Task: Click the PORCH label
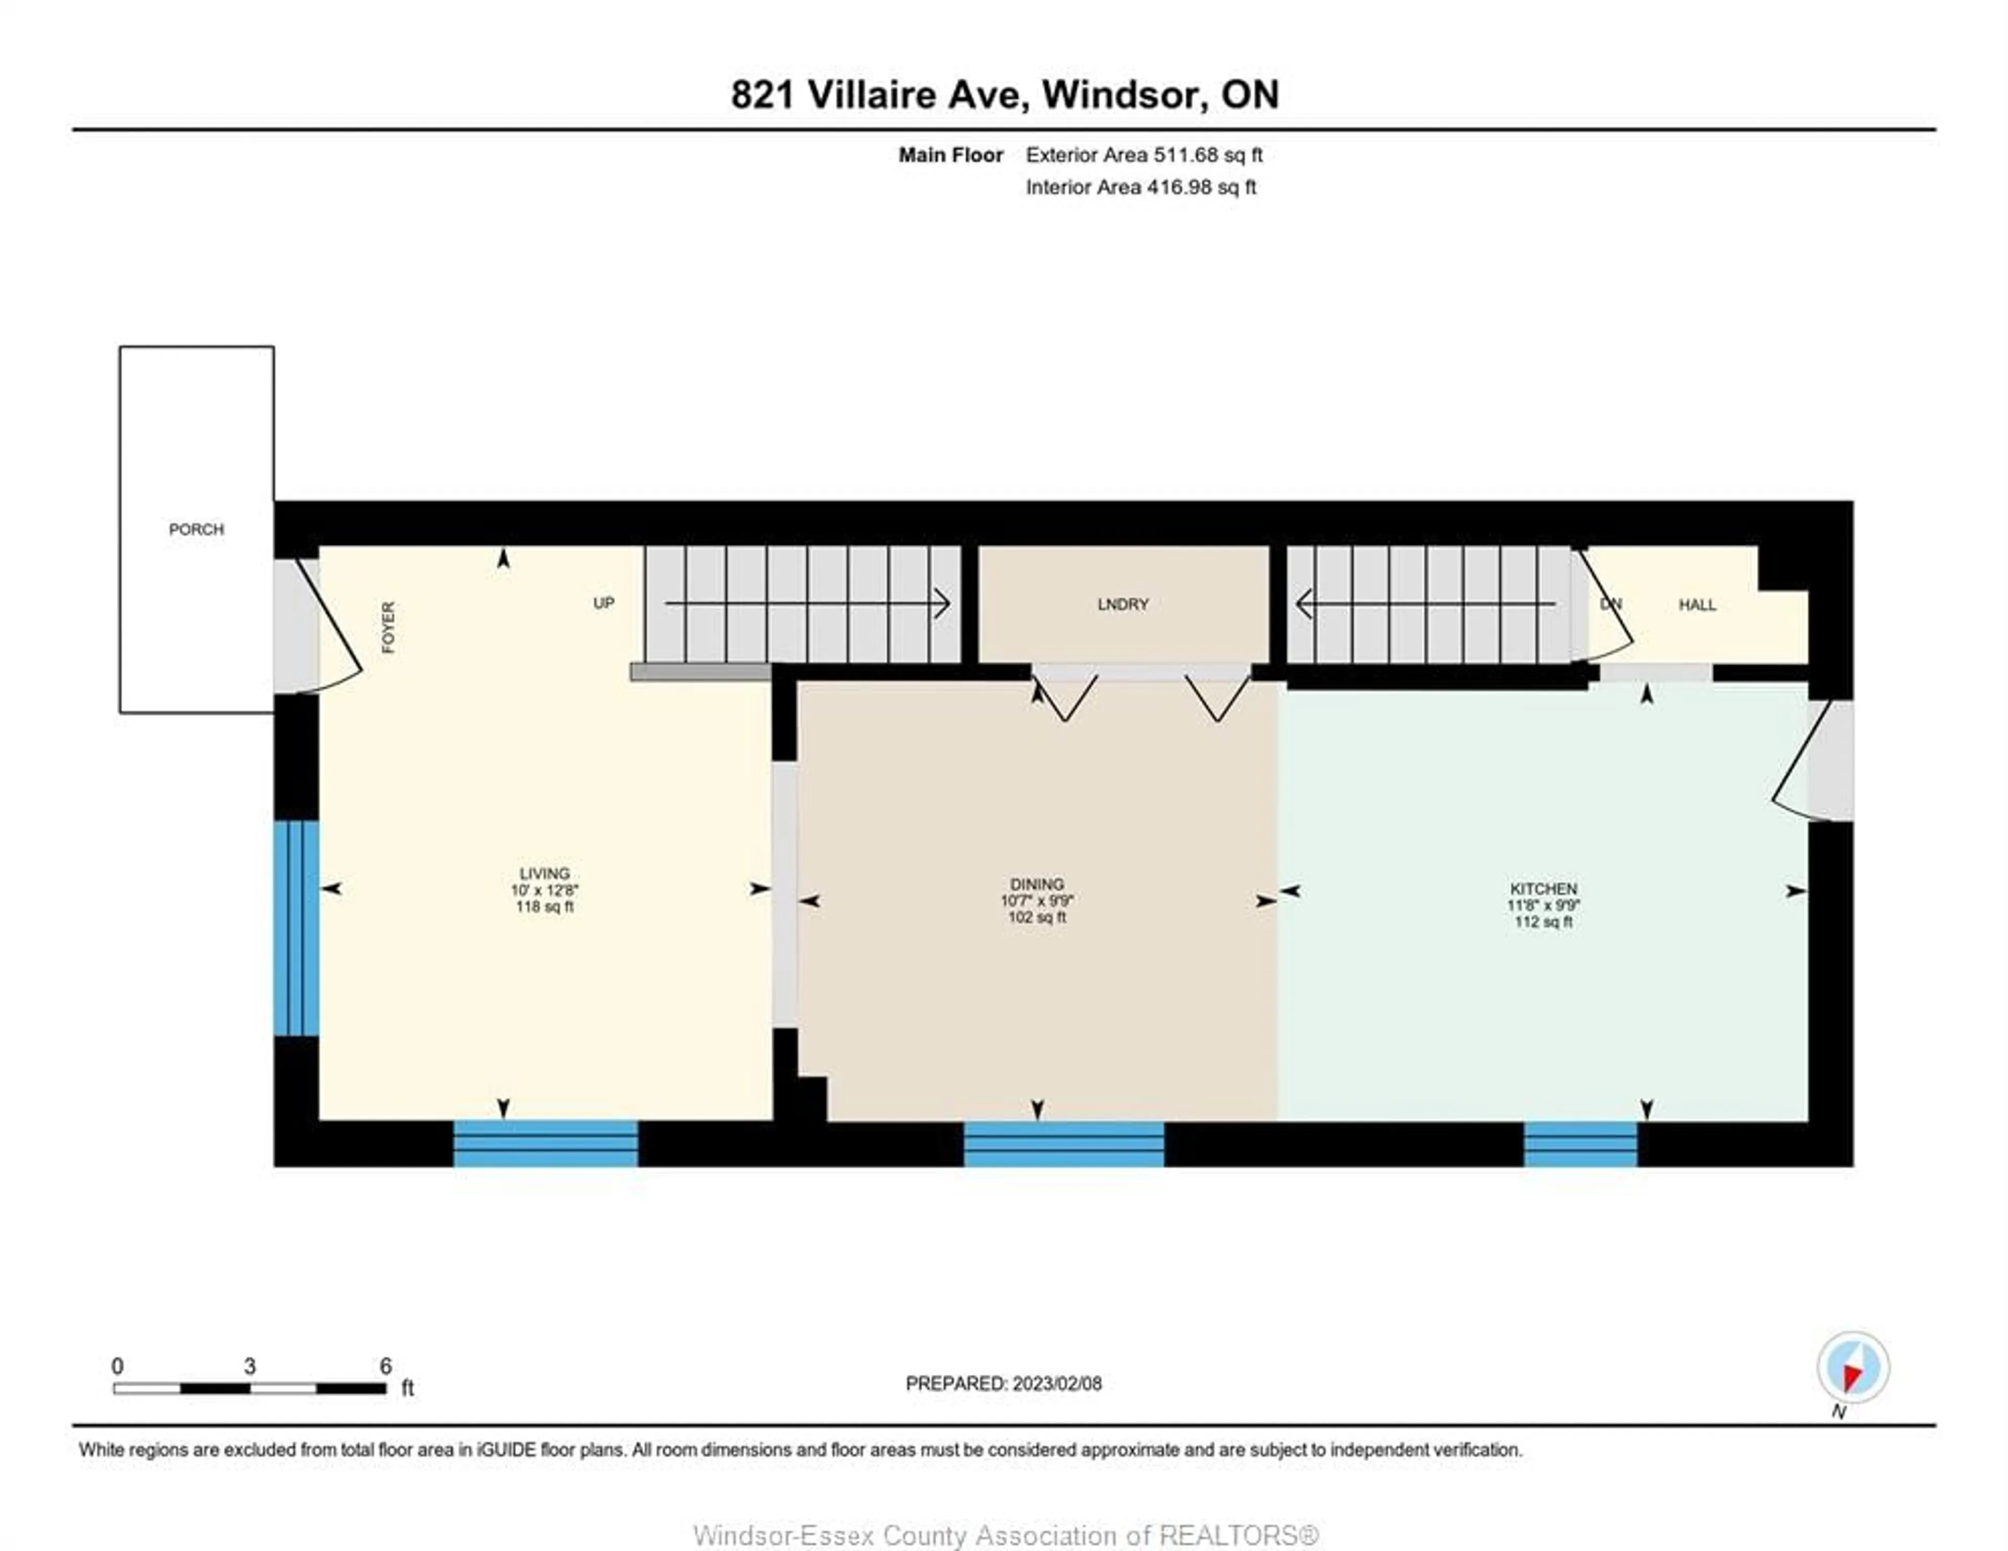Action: click(196, 530)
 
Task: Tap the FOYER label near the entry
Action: click(388, 628)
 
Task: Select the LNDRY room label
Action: click(1123, 604)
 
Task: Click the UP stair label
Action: click(603, 603)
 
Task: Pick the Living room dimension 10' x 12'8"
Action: click(544, 890)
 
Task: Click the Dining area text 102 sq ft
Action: click(1036, 917)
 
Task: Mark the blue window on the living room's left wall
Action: click(296, 928)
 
